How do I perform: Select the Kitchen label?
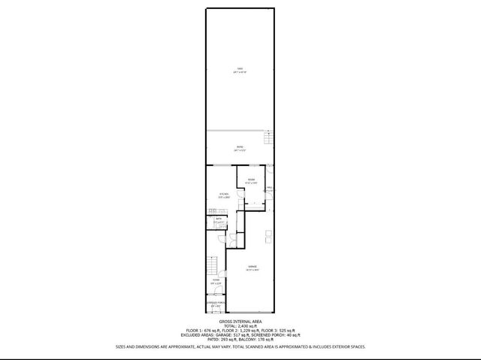(x=223, y=194)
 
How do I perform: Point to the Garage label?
(x=253, y=266)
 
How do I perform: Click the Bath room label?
(x=219, y=219)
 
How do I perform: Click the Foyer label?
(x=216, y=280)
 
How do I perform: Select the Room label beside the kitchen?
(x=253, y=179)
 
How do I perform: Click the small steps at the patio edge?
(x=268, y=138)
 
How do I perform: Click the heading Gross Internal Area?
(x=240, y=320)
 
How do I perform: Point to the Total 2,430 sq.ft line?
(x=240, y=325)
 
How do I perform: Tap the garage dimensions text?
(x=253, y=270)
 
